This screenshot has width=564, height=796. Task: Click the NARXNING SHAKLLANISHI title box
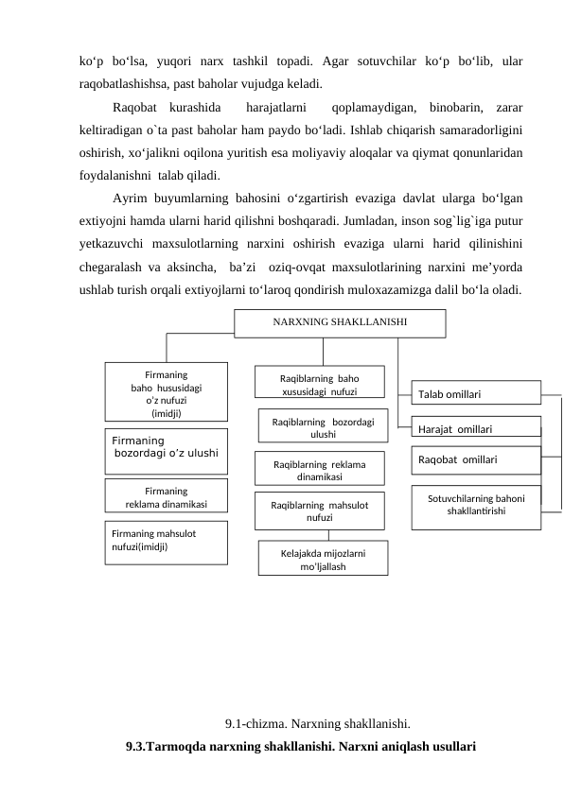[x=340, y=321]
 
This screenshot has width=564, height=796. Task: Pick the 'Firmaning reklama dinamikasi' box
[x=166, y=497]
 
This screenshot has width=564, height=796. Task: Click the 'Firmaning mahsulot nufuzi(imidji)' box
[x=166, y=542]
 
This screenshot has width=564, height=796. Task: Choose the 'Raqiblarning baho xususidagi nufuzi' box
[x=319, y=383]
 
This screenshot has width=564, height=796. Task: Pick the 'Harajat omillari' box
[x=477, y=428]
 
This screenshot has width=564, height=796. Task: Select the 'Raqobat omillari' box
[x=477, y=459]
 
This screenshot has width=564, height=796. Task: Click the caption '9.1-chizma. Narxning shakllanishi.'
[x=317, y=725]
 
